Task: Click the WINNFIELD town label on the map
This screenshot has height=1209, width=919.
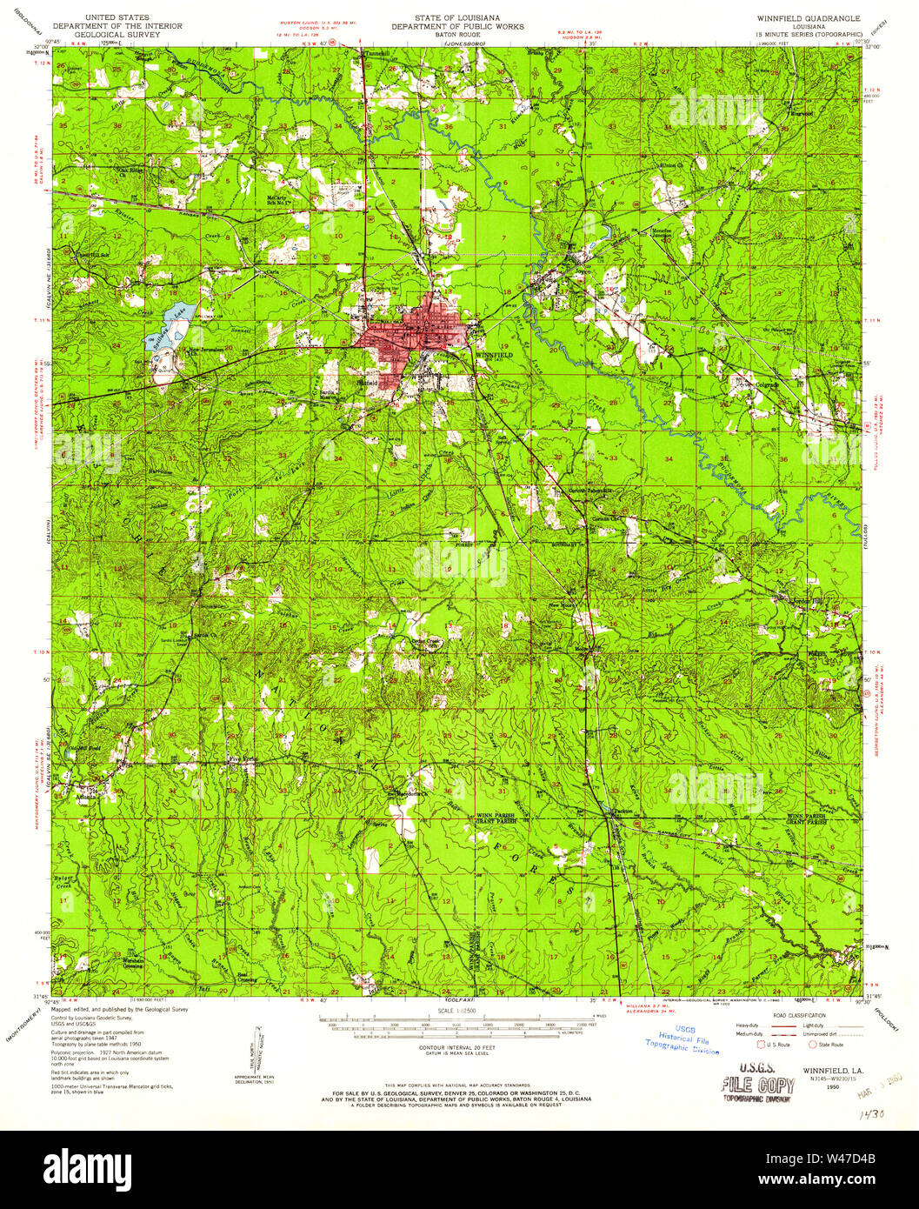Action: click(493, 356)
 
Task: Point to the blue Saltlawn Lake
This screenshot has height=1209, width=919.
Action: click(172, 330)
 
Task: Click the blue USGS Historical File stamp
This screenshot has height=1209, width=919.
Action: click(683, 1043)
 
